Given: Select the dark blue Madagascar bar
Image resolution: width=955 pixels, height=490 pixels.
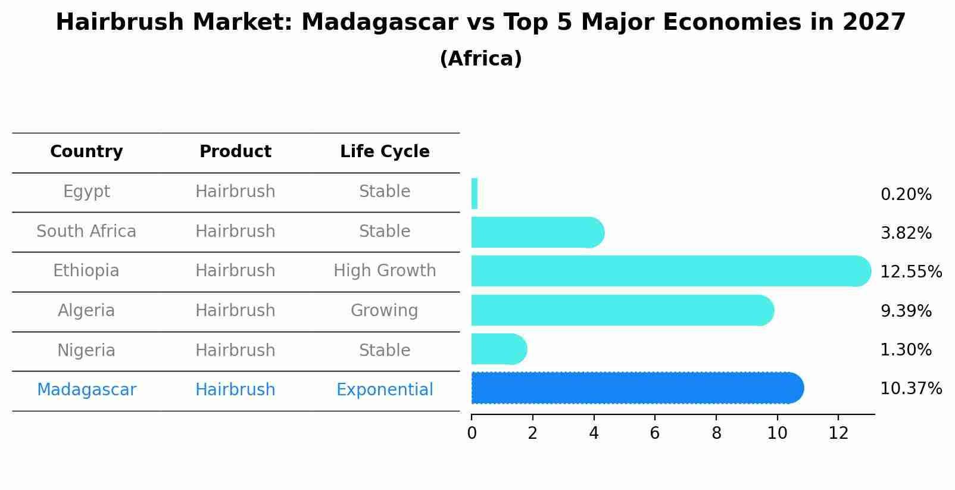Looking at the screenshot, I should (637, 388).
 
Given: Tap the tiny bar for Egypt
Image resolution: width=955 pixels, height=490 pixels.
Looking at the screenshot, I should (475, 193).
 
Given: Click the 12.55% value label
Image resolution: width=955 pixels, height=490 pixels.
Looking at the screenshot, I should (910, 272).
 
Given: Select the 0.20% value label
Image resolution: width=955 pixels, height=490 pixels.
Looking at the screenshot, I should (906, 195).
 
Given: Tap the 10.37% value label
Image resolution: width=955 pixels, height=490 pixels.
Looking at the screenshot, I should (910, 389).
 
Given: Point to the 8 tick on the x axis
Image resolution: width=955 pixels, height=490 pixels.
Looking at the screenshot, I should (716, 433).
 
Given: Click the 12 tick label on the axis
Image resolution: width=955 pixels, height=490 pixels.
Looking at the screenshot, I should (838, 433).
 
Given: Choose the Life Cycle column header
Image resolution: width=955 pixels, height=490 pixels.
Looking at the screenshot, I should (385, 152).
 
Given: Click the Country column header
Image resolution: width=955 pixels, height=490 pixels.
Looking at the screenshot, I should (86, 152).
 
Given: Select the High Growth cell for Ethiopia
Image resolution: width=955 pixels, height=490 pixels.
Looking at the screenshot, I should (385, 271).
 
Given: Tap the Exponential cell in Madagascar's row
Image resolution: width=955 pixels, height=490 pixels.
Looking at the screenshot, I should (385, 390).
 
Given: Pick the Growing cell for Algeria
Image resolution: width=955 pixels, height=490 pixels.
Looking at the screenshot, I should (385, 311).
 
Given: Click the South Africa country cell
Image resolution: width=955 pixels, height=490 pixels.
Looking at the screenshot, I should (86, 232).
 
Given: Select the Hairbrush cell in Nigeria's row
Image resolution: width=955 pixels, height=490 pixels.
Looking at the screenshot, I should (235, 351).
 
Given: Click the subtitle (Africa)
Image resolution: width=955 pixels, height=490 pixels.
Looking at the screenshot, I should (480, 59).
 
